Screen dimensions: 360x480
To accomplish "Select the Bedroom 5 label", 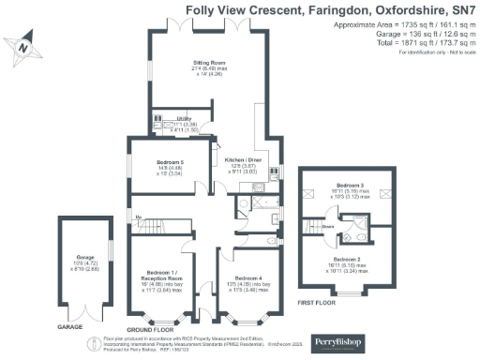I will coord(169,162).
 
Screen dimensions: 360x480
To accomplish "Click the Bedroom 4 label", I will coord(247,278).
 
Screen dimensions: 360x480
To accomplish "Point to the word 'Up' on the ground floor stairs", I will coord(140,217).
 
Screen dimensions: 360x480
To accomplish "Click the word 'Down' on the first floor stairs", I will coord(328,226).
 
